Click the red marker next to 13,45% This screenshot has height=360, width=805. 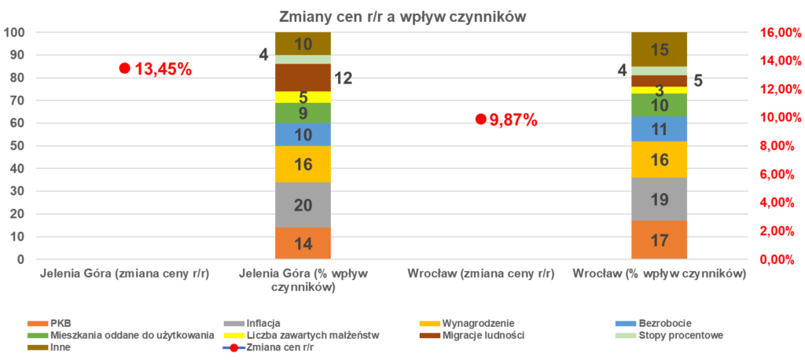[124, 68]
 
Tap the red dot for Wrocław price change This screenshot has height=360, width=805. [480, 119]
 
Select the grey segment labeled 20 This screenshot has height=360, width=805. [303, 205]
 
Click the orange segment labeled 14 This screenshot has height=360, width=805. [303, 243]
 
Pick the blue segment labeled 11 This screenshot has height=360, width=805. [660, 129]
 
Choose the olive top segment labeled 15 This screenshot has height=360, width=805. [660, 50]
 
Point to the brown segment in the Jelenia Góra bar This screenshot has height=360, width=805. [303, 77]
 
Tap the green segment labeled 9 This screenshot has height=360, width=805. [303, 113]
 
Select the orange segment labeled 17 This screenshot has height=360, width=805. [660, 240]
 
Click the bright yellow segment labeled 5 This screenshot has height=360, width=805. [303, 97]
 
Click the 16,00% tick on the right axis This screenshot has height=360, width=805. [778, 32]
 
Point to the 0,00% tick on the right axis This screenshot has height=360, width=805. [778, 259]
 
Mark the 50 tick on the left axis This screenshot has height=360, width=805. [17, 146]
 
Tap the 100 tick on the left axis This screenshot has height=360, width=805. [15, 32]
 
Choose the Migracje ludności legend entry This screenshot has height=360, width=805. [480, 336]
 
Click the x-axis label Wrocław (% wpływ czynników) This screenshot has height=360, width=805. [659, 275]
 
